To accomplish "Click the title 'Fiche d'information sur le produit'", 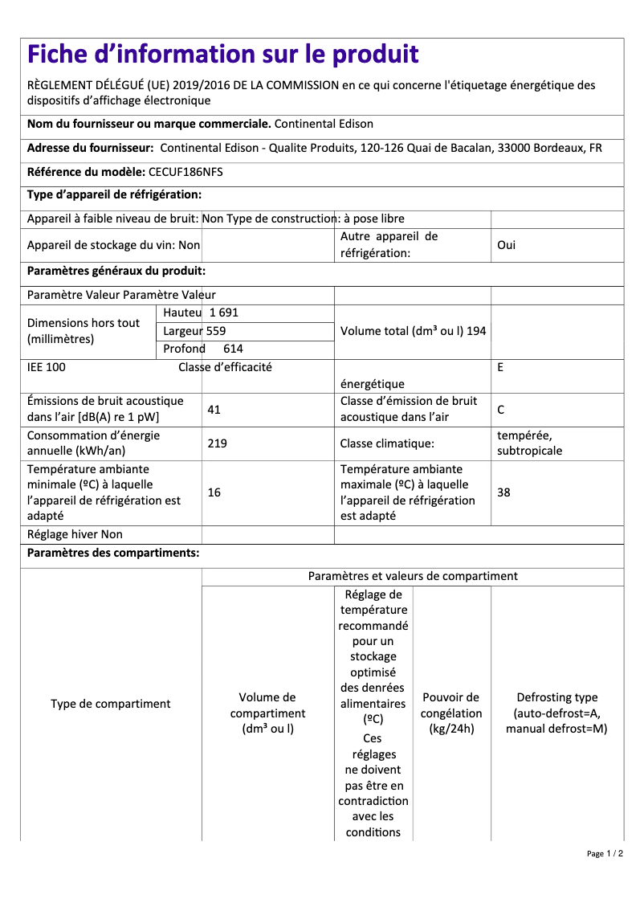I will click(222, 55).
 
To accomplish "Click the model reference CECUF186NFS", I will click(185, 172).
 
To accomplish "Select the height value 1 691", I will click(224, 313).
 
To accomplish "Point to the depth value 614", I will click(233, 349).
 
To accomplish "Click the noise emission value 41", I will click(214, 410).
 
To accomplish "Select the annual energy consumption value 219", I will click(217, 443).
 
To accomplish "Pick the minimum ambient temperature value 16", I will click(214, 492).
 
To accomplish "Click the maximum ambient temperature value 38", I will click(503, 492).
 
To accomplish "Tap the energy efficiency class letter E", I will click(500, 368).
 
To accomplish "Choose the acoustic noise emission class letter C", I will click(500, 410).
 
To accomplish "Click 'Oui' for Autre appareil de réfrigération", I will click(506, 245).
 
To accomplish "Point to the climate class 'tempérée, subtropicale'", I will click(529, 443).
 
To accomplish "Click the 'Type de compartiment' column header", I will click(111, 704).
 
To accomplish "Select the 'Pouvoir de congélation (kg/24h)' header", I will click(451, 713).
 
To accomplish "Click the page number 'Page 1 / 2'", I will click(605, 854).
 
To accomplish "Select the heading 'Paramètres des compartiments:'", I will click(113, 554).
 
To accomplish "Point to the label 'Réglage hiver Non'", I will click(75, 535).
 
